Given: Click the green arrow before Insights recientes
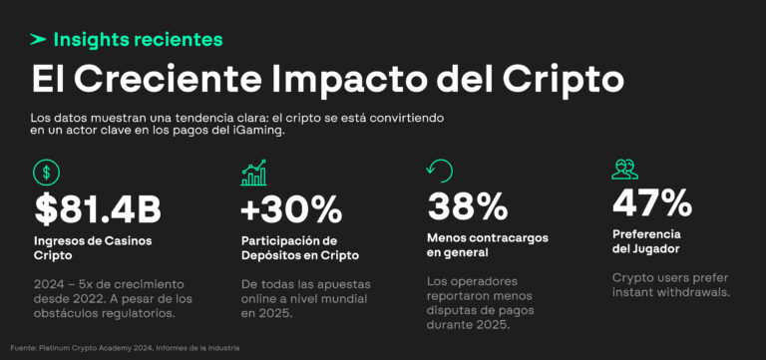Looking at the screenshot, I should pyautogui.click(x=39, y=40).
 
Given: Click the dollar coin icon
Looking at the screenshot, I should pyautogui.click(x=46, y=173).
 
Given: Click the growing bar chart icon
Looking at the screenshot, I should pyautogui.click(x=253, y=172).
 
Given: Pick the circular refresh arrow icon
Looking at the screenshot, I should pyautogui.click(x=439, y=171).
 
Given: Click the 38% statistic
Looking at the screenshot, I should pyautogui.click(x=468, y=205).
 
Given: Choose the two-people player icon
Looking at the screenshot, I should pyautogui.click(x=625, y=170).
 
